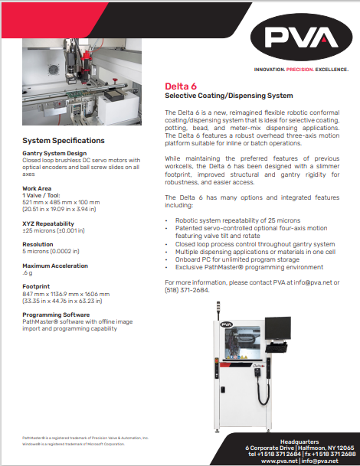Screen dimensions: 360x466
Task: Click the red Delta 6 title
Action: (182, 86)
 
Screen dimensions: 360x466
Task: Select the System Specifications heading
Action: (64, 141)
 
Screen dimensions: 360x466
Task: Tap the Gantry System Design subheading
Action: (54, 153)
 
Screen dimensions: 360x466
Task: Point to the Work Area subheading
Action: (38, 187)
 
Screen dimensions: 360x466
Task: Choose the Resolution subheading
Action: (38, 244)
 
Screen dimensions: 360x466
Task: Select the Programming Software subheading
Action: (57, 315)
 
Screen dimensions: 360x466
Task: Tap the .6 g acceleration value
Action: (28, 273)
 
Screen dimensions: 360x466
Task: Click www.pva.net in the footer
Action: (277, 461)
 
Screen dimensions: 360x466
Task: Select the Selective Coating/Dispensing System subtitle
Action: (230, 96)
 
